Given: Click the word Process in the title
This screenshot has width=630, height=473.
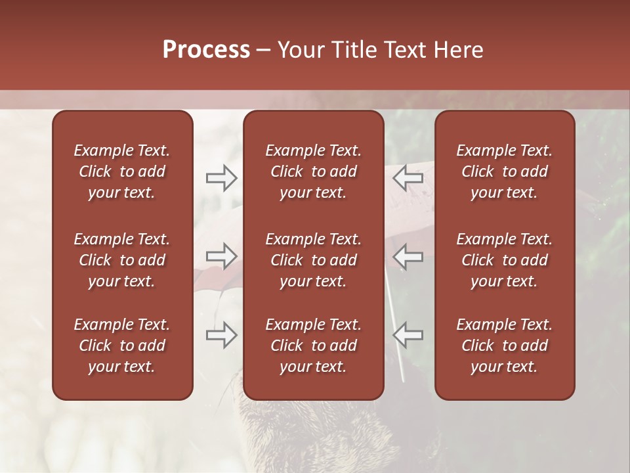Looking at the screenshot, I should click(206, 50).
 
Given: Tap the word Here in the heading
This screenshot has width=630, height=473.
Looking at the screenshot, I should click(459, 50).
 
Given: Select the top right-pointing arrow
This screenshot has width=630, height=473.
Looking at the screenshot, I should click(221, 178).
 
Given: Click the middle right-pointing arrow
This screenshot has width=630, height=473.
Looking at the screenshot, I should click(221, 256).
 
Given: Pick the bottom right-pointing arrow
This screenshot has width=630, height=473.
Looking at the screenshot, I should click(221, 335).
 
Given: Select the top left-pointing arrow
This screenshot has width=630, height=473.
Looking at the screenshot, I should click(408, 178).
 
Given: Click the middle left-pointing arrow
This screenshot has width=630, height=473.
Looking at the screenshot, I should click(408, 256).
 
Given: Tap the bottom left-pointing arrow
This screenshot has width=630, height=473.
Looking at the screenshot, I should click(408, 335).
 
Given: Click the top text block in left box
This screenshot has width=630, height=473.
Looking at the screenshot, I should click(122, 171).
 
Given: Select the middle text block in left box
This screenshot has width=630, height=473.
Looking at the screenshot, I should click(122, 260).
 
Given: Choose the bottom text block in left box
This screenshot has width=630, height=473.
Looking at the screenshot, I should click(122, 346).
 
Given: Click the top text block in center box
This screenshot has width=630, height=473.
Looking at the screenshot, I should click(313, 171).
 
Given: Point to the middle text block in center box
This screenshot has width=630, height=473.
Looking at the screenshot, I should click(313, 260).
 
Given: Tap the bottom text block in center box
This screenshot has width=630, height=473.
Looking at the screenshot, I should click(313, 346).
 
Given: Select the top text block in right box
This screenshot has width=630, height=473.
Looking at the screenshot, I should click(504, 171).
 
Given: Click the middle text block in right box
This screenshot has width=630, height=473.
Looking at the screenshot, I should click(504, 260).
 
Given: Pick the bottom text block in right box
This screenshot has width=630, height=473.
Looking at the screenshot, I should click(504, 346).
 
